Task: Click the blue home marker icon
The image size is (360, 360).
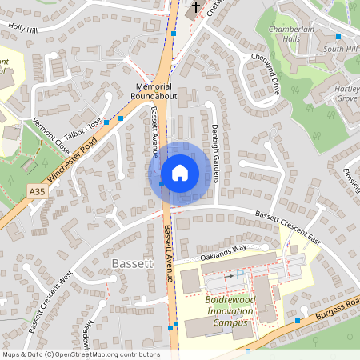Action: point(180,173)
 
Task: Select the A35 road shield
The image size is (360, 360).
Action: point(37,192)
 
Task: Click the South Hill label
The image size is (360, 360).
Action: point(339,50)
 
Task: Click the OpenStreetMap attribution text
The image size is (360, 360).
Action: point(80,354)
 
